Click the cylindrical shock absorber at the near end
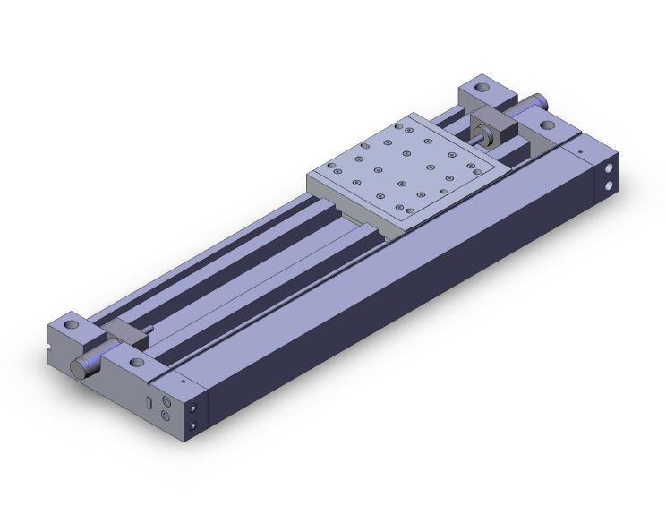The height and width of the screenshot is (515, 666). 87,365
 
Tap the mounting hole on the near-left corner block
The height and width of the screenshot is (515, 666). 70,323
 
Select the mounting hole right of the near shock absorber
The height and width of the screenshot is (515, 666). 136,364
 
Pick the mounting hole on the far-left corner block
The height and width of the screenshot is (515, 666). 482,90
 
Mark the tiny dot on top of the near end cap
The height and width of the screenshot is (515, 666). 184,381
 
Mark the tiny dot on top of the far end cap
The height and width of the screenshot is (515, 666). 581,153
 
